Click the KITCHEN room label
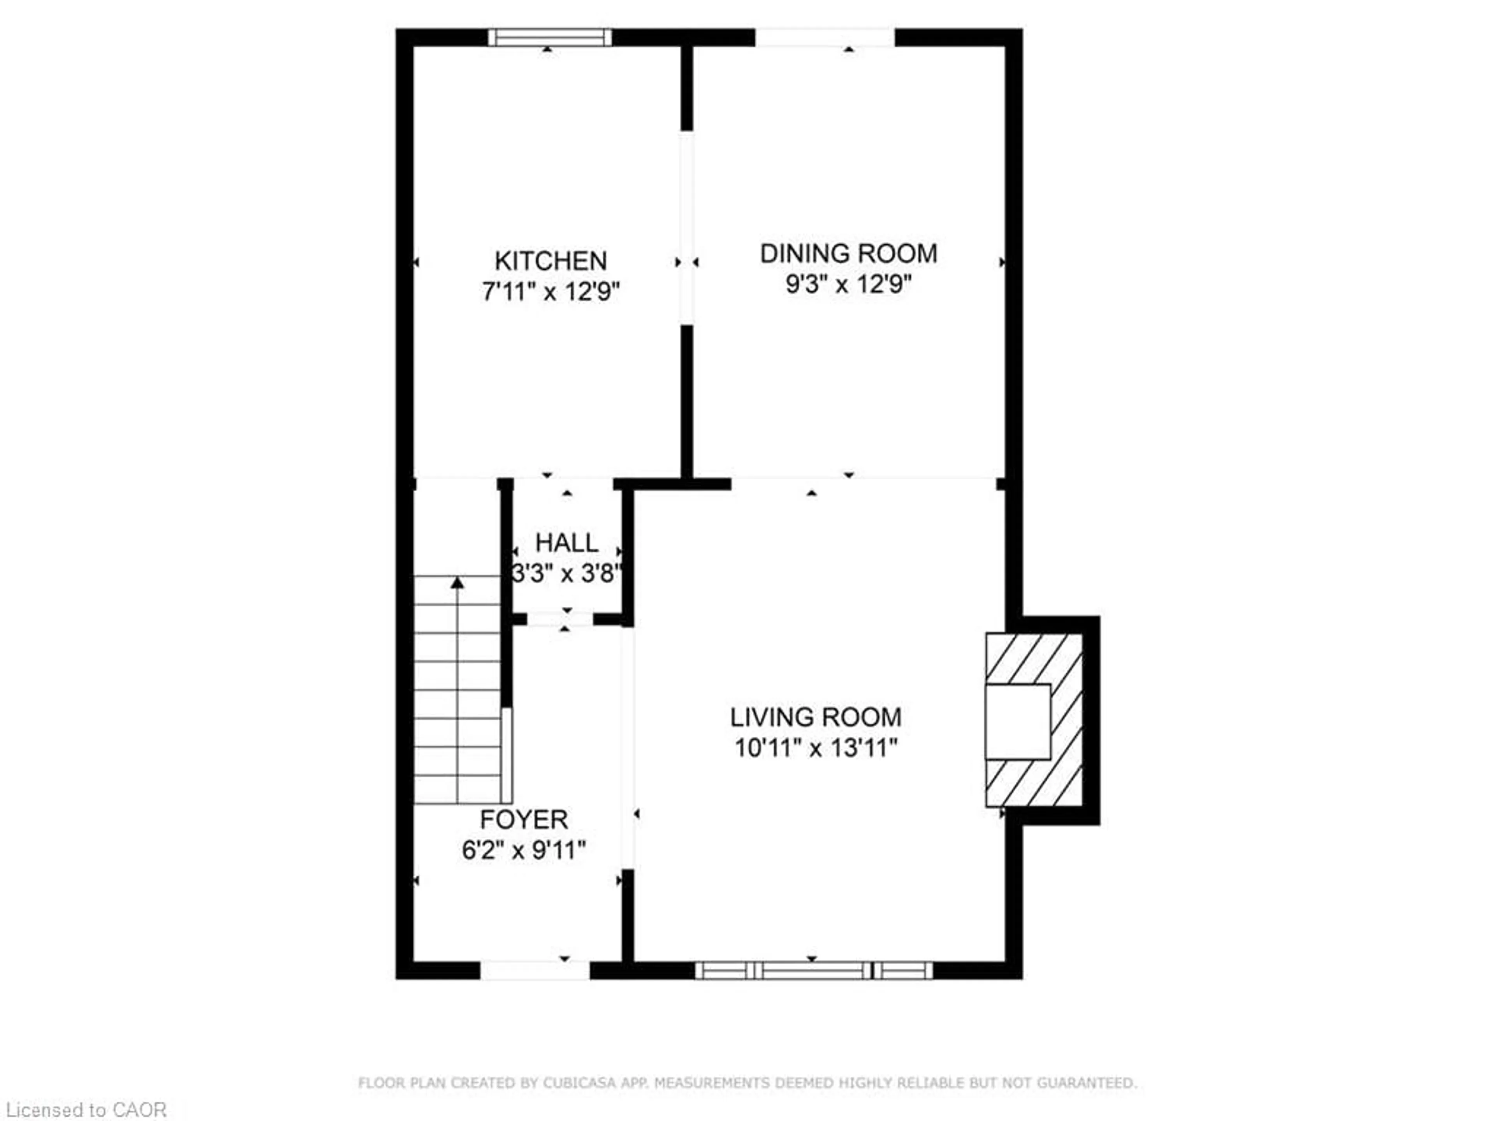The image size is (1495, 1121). pos(550,261)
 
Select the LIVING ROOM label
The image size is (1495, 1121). pos(816,717)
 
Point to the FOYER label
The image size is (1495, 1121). pos(523,820)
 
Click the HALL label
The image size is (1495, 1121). pos(566,543)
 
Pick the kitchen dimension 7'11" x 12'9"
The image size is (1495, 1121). pos(550,292)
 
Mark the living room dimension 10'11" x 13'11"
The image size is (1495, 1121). pos(816,748)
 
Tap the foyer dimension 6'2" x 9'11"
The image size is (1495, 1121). pos(523,850)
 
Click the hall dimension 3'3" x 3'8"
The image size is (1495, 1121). pos(566,574)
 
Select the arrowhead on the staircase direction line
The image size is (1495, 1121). pos(457,582)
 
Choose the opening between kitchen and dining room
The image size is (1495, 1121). pos(687,228)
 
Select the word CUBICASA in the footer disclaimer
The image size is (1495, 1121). pos(579,1083)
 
